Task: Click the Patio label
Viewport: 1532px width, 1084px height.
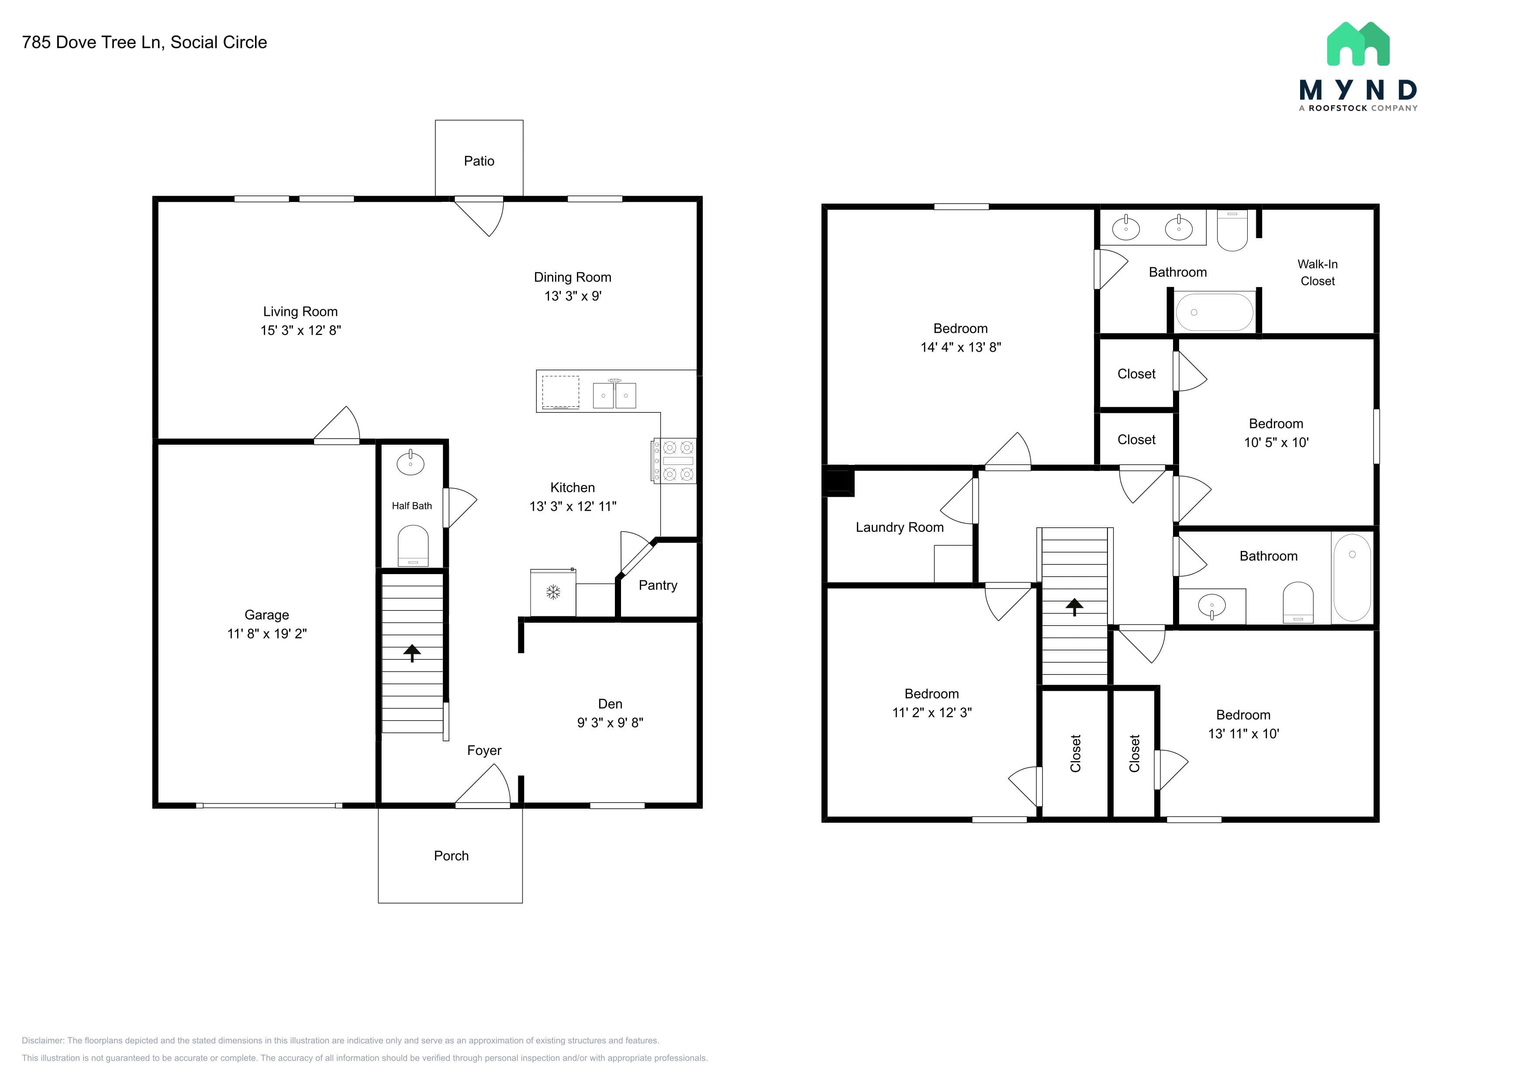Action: pos(479,161)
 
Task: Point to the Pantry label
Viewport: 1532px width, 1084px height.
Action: pos(658,585)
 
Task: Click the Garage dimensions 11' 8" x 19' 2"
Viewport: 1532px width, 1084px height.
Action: pos(267,634)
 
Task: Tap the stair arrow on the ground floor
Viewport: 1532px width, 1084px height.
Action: pos(412,653)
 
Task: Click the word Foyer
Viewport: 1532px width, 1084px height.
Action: pos(484,751)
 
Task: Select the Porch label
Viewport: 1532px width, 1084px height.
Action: pos(451,856)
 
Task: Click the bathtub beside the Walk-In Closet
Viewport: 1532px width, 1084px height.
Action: pos(1215,312)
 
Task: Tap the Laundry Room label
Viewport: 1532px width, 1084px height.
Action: pos(900,527)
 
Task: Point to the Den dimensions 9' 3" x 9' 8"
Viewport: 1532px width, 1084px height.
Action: pos(610,722)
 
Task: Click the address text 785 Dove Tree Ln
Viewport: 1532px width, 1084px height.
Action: pos(91,42)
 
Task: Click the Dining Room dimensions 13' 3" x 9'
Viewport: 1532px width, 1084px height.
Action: pos(573,296)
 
